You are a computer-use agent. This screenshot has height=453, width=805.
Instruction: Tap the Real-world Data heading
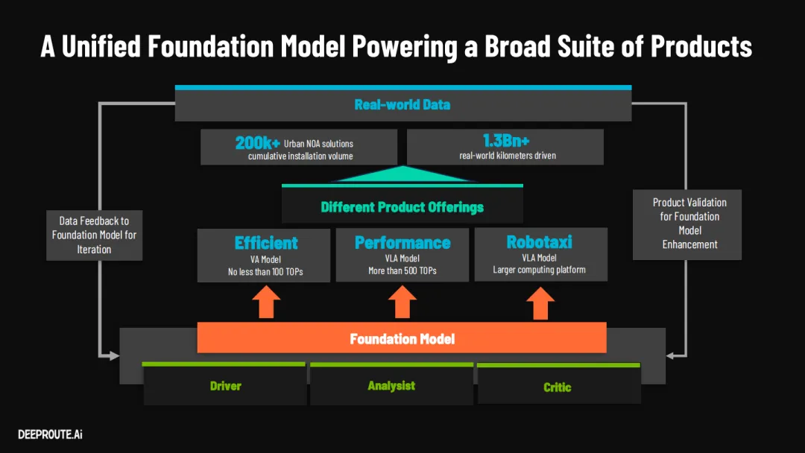pyautogui.click(x=402, y=104)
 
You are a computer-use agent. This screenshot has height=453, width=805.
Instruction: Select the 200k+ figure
pyautogui.click(x=257, y=142)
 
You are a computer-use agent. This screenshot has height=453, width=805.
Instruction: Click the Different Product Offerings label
pyautogui.click(x=402, y=206)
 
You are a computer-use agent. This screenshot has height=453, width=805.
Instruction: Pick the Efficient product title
pyautogui.click(x=266, y=243)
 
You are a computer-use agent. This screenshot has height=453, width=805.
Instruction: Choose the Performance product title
pyautogui.click(x=402, y=243)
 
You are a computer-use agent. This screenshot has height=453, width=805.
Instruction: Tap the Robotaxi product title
pyautogui.click(x=540, y=243)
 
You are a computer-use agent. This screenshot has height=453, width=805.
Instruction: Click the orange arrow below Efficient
pyautogui.click(x=266, y=302)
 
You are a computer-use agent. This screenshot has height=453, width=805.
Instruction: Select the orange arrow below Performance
pyautogui.click(x=402, y=302)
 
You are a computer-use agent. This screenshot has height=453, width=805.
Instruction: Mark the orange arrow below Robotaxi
pyautogui.click(x=541, y=302)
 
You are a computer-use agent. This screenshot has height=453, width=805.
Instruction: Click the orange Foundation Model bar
pyautogui.click(x=402, y=339)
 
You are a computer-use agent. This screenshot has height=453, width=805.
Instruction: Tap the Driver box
pyautogui.click(x=225, y=386)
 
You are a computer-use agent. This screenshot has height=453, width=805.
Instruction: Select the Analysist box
pyautogui.click(x=391, y=385)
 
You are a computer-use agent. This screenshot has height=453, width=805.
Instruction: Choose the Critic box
pyautogui.click(x=558, y=387)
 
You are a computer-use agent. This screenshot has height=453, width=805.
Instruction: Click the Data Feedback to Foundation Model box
pyautogui.click(x=94, y=235)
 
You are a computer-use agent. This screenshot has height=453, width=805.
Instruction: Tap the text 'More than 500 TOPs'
pyautogui.click(x=402, y=270)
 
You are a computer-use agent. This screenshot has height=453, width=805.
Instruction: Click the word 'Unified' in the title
pyautogui.click(x=101, y=47)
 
